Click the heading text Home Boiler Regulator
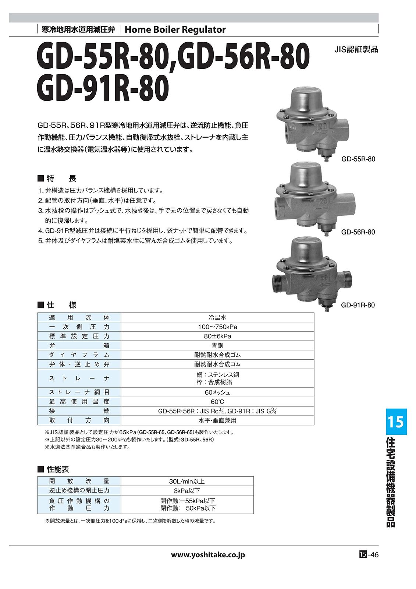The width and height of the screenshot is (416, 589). [175, 29]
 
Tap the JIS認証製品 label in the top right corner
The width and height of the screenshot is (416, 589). [356, 50]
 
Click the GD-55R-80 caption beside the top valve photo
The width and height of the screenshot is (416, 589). [358, 159]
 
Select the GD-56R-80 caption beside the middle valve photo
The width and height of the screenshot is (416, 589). [358, 232]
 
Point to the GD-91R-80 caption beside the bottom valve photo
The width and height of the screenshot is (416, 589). [358, 305]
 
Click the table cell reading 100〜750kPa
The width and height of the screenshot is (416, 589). [217, 327]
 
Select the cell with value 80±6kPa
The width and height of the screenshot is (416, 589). [217, 336]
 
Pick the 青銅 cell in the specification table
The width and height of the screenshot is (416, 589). [217, 345]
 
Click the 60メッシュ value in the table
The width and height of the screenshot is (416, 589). [217, 392]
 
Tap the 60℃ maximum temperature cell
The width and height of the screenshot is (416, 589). [217, 402]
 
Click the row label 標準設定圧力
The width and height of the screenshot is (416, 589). [79, 336]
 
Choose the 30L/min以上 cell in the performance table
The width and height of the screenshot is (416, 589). [187, 481]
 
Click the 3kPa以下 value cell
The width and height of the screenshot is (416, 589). [187, 490]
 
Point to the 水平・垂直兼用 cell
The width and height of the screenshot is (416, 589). [217, 420]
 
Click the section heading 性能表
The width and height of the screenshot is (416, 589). [57, 469]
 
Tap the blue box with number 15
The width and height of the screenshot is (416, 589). [396, 422]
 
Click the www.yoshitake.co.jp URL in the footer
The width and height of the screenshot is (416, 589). [208, 555]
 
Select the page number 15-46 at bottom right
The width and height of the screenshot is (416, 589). [369, 554]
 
